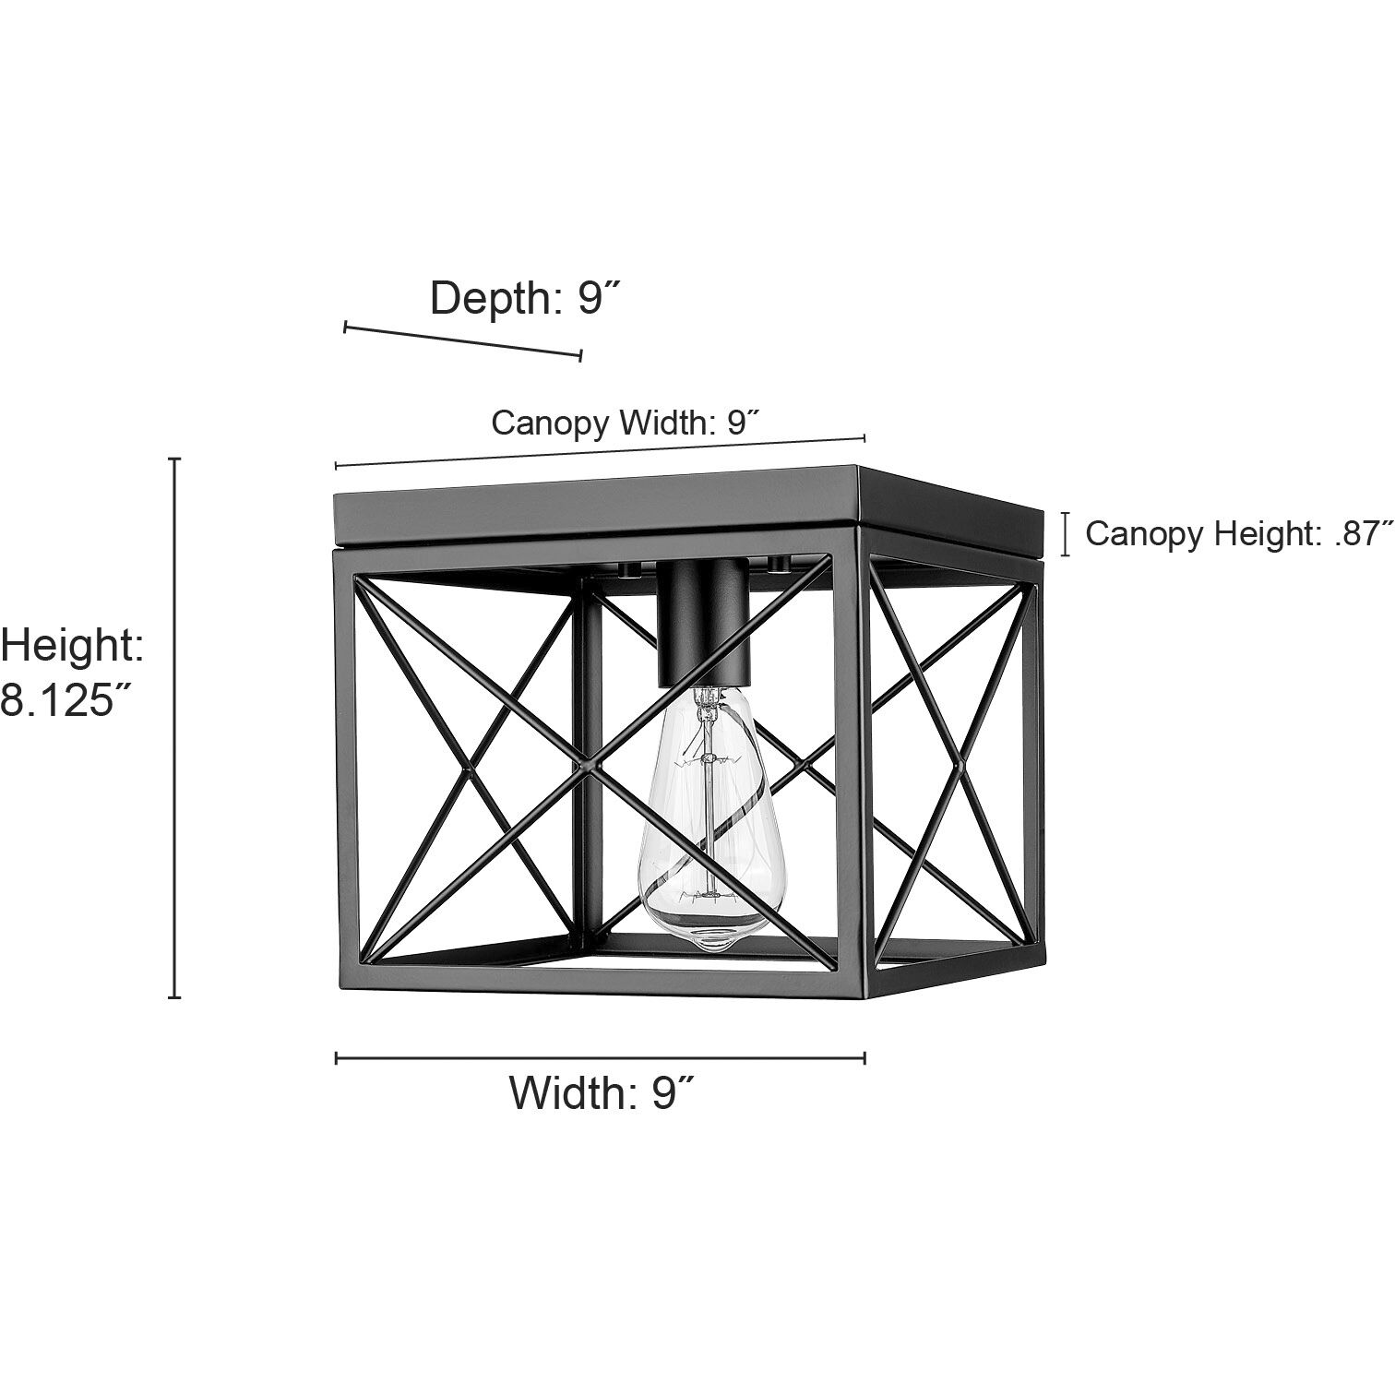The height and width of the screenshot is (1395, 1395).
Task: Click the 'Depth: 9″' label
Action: tap(523, 298)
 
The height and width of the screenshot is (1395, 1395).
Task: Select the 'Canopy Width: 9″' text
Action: tap(626, 423)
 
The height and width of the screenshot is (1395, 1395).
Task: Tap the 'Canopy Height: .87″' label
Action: tap(1239, 533)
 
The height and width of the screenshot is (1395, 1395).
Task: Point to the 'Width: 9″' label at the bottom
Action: tap(601, 1093)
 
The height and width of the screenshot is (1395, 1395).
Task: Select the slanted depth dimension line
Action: tap(462, 340)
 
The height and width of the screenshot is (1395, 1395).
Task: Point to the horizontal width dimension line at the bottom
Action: tap(600, 1058)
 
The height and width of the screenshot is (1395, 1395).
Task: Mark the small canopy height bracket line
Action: tap(1066, 534)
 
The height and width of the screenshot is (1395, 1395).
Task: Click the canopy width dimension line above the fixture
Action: tap(600, 452)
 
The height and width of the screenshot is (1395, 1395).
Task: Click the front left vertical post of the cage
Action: tap(342, 766)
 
